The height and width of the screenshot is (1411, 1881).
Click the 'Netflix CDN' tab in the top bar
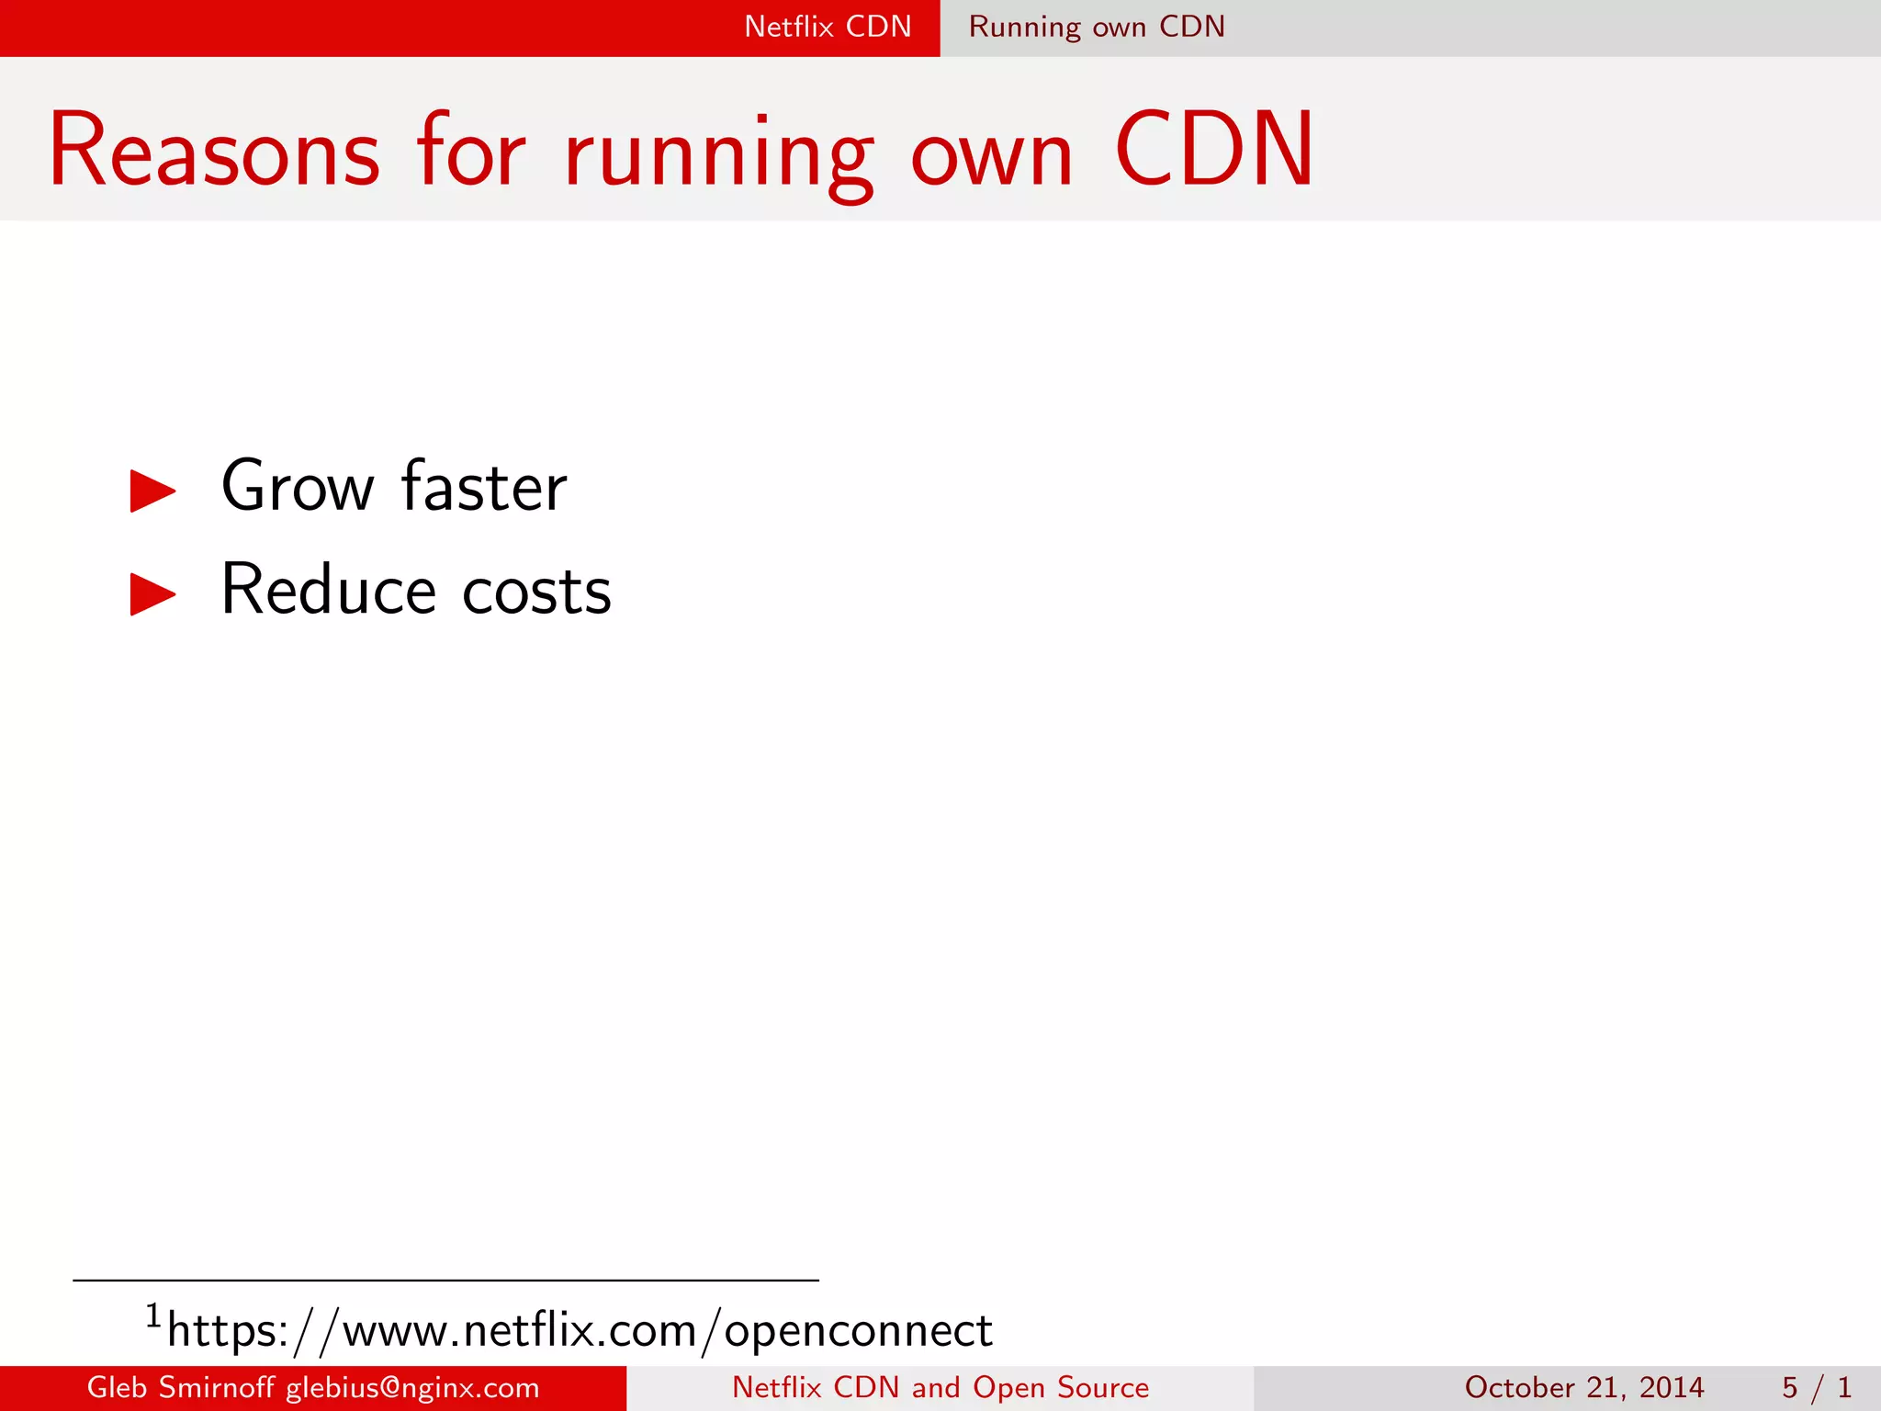828,27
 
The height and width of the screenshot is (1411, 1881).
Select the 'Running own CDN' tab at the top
1097,27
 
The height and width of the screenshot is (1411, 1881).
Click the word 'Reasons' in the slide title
214,150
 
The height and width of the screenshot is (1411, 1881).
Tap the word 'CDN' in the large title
1214,150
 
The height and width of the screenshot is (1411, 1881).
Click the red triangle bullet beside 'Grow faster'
152,491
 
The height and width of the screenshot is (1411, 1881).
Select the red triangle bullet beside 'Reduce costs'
152,594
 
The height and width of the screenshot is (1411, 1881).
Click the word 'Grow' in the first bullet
298,487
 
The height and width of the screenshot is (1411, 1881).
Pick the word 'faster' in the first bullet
484,487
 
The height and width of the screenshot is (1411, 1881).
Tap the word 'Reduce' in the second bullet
328,590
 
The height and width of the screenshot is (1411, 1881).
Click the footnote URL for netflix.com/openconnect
580,1331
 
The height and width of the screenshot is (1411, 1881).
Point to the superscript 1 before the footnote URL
153,1316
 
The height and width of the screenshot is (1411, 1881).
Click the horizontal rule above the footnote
445,1280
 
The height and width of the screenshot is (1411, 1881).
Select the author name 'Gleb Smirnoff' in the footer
180,1387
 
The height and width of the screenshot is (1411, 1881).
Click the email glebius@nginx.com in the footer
412,1388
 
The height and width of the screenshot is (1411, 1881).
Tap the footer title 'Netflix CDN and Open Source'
940,1387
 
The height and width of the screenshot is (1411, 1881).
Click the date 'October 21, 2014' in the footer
1584,1387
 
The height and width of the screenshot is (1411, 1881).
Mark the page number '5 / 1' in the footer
1816,1387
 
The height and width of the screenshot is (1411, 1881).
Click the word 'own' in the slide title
991,156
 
